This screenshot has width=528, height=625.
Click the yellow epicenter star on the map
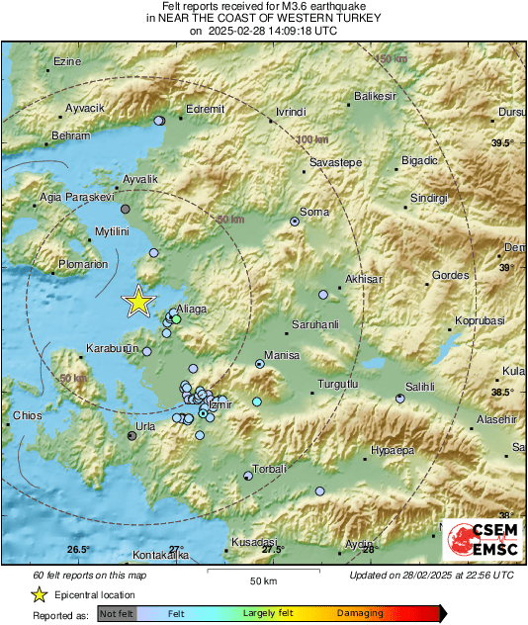coord(139,302)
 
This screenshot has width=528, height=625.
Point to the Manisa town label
coord(282,355)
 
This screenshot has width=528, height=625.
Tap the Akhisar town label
coord(364,280)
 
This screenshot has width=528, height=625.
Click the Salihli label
coord(423,387)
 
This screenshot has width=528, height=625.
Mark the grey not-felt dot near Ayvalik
coord(125,209)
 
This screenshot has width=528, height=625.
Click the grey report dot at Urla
coord(132,434)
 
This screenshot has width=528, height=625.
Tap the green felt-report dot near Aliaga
coord(176,319)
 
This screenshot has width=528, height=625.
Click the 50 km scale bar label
coord(262,580)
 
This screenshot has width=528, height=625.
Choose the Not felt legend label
coord(118,613)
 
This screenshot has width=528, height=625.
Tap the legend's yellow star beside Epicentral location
coord(39,594)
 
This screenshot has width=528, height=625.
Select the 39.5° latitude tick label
coord(503,144)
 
